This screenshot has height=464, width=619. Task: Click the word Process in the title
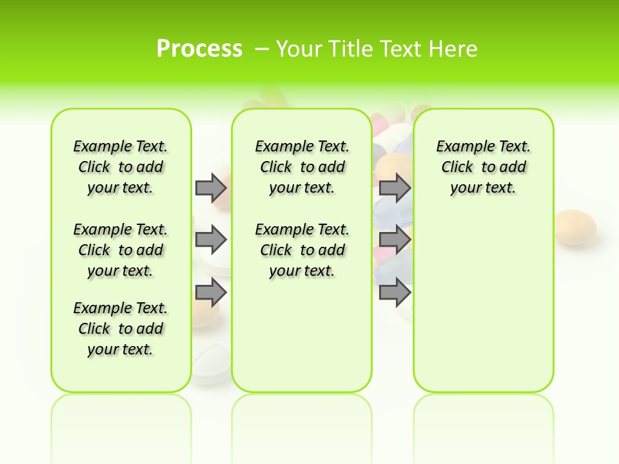[199, 48]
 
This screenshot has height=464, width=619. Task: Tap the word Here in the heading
[455, 48]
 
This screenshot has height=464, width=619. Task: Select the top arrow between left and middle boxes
[211, 188]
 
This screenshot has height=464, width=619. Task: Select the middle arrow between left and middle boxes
[211, 240]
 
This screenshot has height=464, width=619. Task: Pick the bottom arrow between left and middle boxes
[211, 293]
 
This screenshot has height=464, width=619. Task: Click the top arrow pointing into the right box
[395, 188]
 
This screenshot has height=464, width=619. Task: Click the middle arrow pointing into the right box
[395, 240]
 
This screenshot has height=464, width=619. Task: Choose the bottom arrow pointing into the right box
[395, 293]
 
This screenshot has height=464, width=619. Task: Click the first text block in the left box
[121, 167]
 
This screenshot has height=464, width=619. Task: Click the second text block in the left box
[121, 250]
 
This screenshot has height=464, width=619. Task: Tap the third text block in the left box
[121, 329]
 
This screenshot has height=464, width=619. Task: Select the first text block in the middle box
[302, 167]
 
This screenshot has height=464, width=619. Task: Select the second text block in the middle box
[302, 250]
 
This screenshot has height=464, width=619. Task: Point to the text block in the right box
[484, 167]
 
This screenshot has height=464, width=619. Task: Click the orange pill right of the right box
[575, 227]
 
